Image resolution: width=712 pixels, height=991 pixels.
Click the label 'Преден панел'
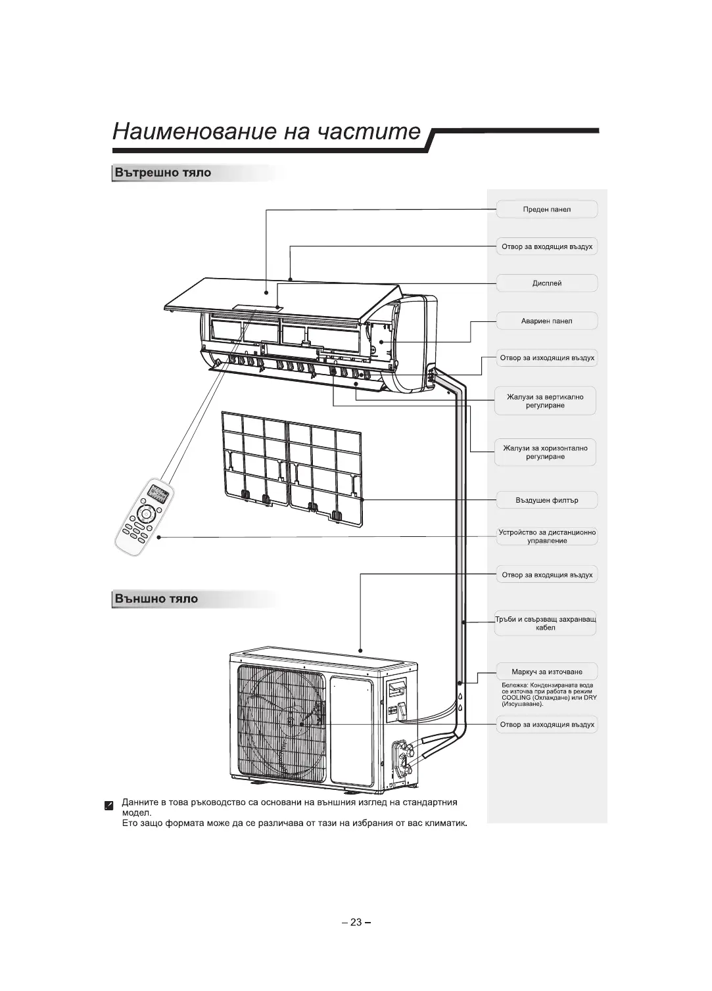(546, 210)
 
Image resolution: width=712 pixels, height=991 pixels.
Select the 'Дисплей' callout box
(546, 283)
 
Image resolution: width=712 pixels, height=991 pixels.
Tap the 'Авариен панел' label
(546, 321)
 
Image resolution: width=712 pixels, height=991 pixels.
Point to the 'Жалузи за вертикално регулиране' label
(545, 401)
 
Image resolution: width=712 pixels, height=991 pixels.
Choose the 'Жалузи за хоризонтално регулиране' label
(545, 452)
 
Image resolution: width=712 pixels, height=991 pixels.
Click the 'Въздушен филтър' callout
(546, 500)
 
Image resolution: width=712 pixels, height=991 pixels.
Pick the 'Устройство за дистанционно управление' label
(547, 536)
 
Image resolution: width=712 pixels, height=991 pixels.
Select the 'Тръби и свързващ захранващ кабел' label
(546, 623)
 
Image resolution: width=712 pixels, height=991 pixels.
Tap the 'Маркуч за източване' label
(546, 672)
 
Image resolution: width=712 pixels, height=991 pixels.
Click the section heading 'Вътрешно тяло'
(163, 173)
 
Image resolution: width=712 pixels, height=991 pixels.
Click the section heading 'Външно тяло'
(156, 599)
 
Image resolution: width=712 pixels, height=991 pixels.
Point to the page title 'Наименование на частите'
(266, 131)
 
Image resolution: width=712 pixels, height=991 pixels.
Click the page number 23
(356, 922)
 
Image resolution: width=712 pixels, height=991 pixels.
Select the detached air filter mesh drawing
(291, 469)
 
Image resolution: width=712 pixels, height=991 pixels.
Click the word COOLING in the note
(516, 698)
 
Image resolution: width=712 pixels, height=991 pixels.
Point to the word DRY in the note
(589, 698)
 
